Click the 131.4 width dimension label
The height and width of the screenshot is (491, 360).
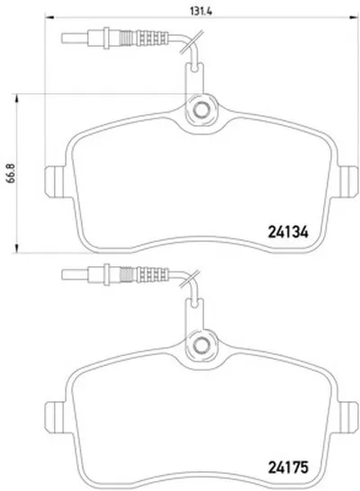[202, 11]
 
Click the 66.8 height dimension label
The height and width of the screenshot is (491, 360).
[13, 174]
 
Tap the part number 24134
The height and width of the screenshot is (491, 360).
[288, 232]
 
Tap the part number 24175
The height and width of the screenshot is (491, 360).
[288, 468]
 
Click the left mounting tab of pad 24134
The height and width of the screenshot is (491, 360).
[55, 182]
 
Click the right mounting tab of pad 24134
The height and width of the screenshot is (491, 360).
[348, 182]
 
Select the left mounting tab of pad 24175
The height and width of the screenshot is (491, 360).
[55, 417]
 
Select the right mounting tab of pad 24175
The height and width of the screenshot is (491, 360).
[348, 417]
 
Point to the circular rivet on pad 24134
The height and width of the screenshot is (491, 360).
[201, 110]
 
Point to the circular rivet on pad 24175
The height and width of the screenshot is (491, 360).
[201, 344]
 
